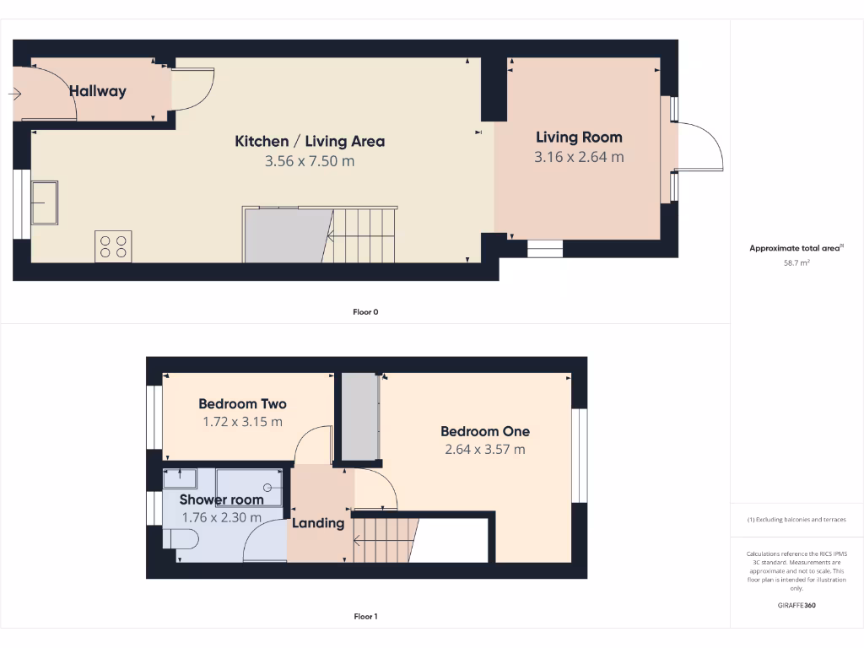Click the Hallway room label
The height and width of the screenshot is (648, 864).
point(97,91)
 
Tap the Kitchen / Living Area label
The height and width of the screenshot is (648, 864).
point(310,141)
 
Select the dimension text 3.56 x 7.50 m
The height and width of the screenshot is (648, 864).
point(310,160)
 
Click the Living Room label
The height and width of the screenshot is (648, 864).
point(579,137)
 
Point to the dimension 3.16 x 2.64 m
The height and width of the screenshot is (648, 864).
point(579,157)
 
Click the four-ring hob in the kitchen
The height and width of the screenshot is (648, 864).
point(113,246)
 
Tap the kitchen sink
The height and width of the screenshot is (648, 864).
point(44,202)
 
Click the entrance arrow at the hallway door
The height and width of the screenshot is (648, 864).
point(15,94)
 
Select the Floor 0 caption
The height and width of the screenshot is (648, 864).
point(365,312)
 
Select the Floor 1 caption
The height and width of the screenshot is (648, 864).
point(365,617)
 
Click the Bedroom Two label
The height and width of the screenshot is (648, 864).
point(242,403)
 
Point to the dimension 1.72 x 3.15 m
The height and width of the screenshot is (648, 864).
point(242,422)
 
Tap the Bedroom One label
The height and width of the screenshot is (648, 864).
point(485,431)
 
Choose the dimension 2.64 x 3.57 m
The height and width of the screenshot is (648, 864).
point(485,450)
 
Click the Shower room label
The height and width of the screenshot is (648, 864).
point(221,499)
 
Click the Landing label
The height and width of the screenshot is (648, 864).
point(318,523)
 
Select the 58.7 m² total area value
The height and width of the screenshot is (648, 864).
point(796,263)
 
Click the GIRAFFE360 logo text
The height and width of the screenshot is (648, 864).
point(796,605)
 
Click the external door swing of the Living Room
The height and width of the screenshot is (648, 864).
point(700,148)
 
